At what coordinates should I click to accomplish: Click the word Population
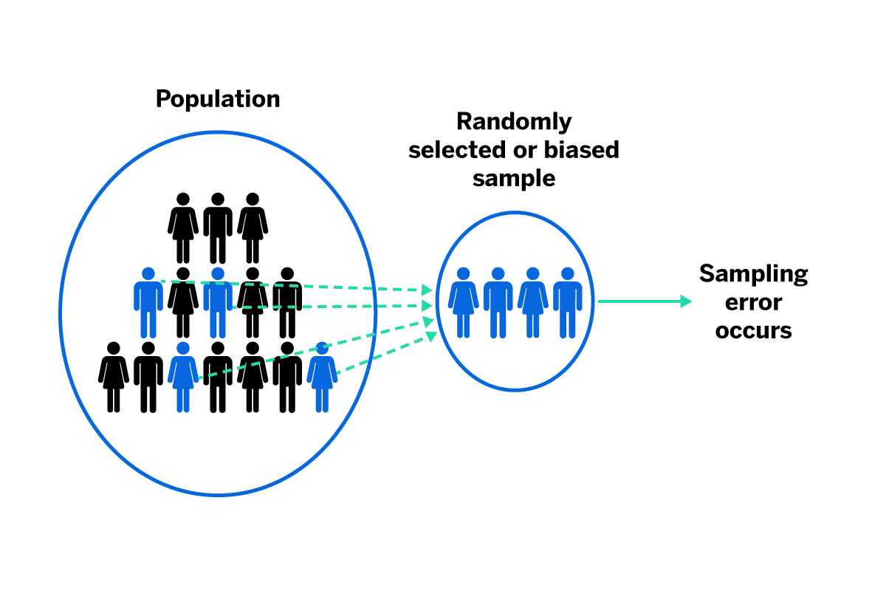pos(218,99)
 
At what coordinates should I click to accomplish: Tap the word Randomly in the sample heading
pos(514,121)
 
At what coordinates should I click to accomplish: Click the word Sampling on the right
pos(753,274)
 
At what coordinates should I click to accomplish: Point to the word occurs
pos(753,330)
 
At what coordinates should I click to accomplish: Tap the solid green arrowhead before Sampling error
pos(685,301)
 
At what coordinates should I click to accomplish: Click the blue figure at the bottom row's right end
pos(322,377)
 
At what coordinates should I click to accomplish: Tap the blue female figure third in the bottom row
pos(183,377)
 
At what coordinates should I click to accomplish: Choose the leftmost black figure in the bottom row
pos(113,377)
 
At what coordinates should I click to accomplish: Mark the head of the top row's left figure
pos(183,199)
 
